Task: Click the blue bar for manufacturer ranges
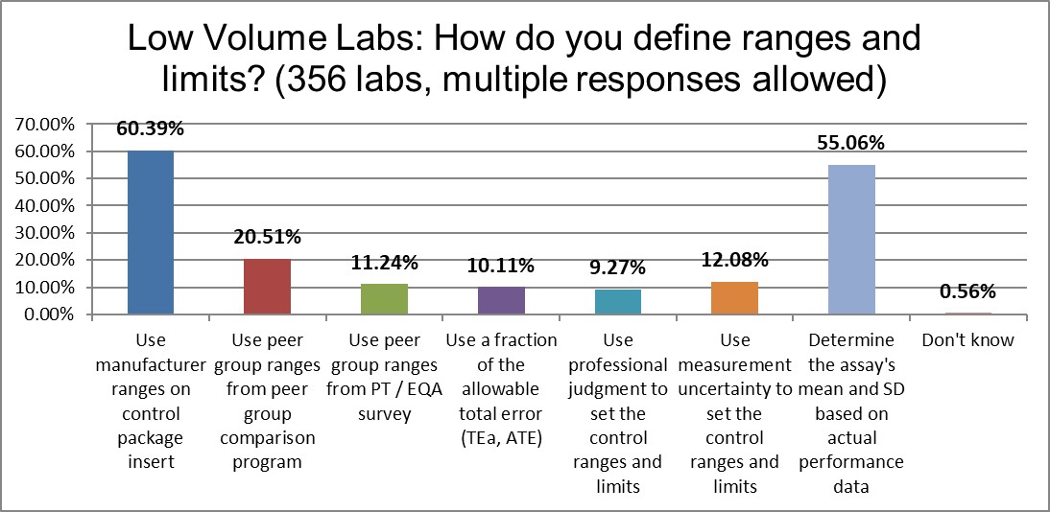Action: [x=150, y=233]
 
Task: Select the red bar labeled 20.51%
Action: [x=267, y=287]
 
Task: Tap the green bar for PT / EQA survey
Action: [x=384, y=299]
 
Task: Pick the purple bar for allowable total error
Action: [x=500, y=300]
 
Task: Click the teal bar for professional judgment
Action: [x=617, y=302]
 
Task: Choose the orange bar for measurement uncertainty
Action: [x=734, y=298]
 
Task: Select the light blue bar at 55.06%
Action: [x=851, y=240]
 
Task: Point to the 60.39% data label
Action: [x=150, y=129]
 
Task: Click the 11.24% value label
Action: [x=384, y=264]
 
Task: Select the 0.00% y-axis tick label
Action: [x=42, y=314]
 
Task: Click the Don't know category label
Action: [x=968, y=340]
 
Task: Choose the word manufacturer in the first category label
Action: [x=150, y=364]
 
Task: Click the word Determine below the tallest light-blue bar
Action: [x=851, y=340]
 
